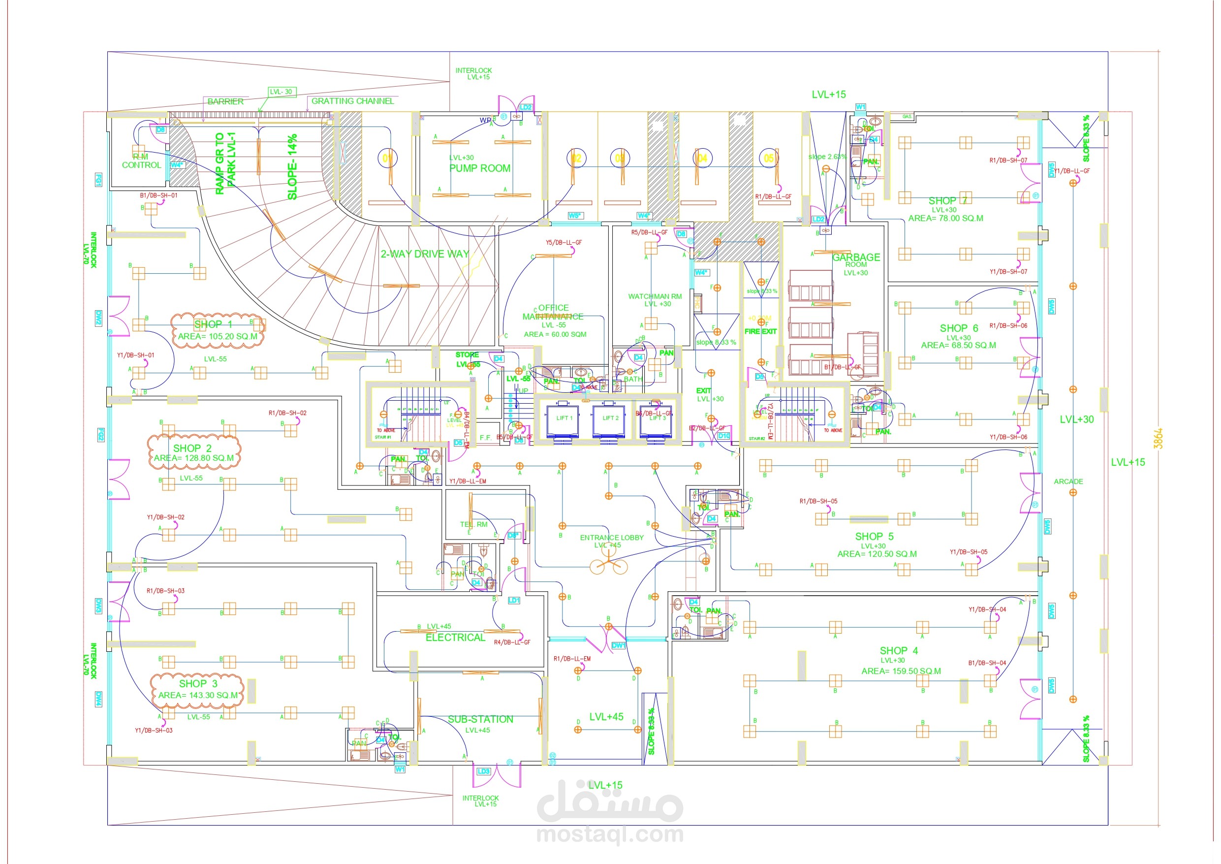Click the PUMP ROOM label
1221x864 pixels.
point(480,168)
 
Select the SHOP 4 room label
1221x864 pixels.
point(898,651)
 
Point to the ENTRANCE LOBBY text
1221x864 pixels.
point(612,537)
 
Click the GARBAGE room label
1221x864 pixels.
point(856,257)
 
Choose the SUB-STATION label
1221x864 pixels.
point(480,719)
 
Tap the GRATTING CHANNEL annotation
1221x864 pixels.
point(352,101)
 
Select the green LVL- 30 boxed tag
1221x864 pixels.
point(282,92)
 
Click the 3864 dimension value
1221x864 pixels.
point(1158,438)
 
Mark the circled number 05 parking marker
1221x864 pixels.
point(768,158)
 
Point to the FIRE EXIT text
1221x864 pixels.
point(760,331)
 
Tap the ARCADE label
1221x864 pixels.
point(1068,481)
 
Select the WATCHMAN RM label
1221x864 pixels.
point(655,296)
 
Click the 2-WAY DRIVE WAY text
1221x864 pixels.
point(424,254)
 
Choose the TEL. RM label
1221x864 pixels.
point(473,524)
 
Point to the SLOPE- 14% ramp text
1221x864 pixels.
point(292,166)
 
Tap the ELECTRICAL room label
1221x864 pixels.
point(455,638)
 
